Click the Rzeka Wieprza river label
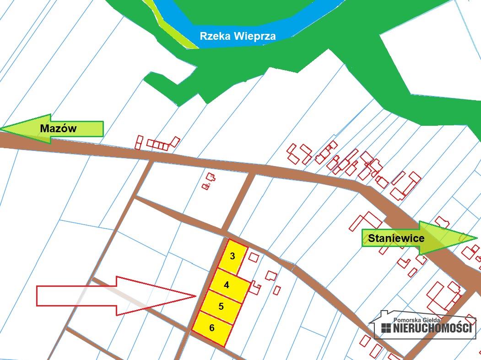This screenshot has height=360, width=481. tap(238, 36)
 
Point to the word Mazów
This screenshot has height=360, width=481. tap(58, 129)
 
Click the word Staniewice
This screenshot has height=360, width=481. tap(396, 238)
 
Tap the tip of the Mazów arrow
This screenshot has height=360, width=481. tap(2, 129)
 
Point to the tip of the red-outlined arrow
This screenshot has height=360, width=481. tap(196, 296)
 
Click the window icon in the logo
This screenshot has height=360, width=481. tap(386, 328)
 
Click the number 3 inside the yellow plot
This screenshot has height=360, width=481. tap(232, 256)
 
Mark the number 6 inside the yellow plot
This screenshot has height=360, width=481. tap(212, 328)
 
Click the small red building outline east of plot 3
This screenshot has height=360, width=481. tap(254, 257)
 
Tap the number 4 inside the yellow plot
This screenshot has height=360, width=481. tap(227, 285)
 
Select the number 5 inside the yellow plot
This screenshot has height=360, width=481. tap(221, 306)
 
